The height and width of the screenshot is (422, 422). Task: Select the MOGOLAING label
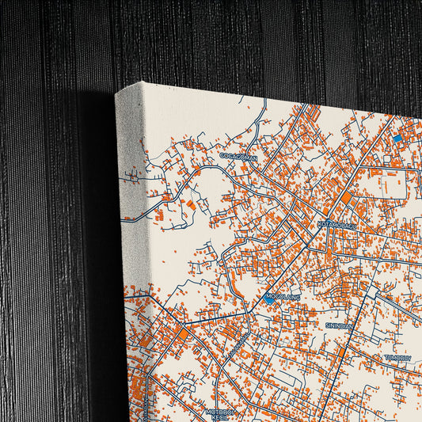[284, 295]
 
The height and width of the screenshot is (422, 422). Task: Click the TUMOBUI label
[397, 358]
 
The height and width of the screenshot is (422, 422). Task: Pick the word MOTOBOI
[221, 411]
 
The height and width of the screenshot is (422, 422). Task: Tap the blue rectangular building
[397, 139]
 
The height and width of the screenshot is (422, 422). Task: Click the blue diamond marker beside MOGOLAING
[270, 299]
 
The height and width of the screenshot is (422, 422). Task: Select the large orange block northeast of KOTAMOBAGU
[346, 197]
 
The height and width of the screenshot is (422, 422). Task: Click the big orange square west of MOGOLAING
[184, 334]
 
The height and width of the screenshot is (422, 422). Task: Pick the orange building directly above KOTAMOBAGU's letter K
[320, 215]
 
